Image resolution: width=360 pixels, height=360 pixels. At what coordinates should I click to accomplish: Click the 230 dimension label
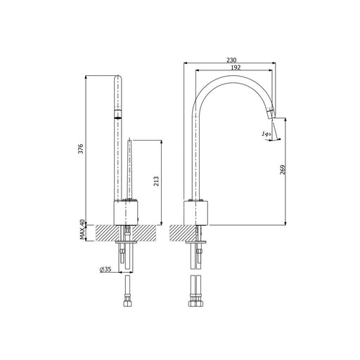231,60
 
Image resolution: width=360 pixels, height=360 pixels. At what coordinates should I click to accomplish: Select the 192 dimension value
236,67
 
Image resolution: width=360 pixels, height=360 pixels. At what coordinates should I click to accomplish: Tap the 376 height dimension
81,149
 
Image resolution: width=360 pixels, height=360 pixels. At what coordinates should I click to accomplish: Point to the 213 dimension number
156,181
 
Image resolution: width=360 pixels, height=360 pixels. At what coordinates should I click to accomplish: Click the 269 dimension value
283,169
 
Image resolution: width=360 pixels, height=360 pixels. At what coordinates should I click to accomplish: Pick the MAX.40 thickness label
82,229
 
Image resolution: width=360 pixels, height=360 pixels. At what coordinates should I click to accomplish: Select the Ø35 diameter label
105,269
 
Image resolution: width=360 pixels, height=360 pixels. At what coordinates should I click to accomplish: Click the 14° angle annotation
266,134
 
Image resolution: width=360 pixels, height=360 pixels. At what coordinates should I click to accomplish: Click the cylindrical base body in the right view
196,213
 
